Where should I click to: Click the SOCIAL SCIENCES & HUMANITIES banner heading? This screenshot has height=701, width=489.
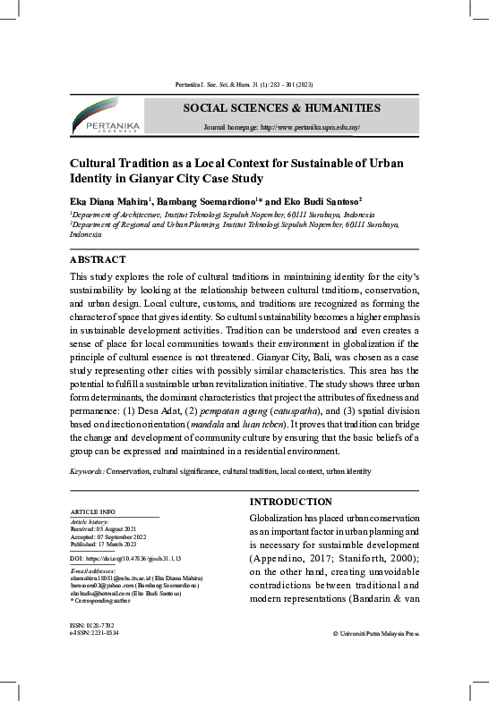click(x=281, y=108)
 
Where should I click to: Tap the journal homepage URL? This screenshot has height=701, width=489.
click(x=282, y=128)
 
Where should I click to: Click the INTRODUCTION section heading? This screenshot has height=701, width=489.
click(x=290, y=501)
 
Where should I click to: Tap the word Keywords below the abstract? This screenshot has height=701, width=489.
click(x=87, y=469)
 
